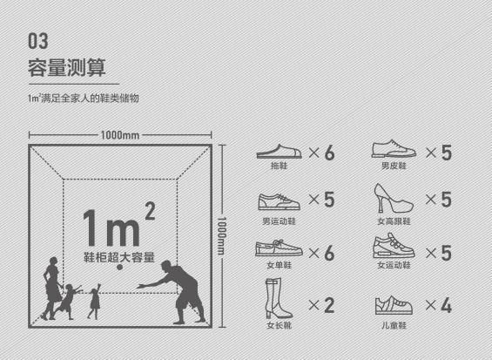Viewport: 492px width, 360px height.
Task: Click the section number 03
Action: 38,41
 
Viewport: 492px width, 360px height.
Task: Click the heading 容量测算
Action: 67,67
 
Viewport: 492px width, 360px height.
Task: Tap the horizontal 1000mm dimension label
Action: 120,135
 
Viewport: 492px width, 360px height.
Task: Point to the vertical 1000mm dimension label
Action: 221,235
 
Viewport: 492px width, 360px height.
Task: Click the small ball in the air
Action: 119,267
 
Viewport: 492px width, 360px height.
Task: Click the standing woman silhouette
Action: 51,289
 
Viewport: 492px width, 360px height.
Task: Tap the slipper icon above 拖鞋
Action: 279,152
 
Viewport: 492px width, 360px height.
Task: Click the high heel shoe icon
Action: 393,199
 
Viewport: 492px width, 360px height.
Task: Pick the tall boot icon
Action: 277,298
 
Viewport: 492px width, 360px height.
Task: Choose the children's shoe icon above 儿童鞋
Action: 394,305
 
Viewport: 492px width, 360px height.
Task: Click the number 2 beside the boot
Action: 329,305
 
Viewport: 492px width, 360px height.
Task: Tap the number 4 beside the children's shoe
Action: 446,305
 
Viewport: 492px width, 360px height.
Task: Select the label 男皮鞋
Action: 394,166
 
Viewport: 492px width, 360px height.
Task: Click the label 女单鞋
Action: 279,265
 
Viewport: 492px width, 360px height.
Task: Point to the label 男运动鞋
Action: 279,221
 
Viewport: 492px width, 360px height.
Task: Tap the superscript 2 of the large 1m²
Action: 150,211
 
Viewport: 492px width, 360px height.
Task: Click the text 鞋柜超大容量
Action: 119,257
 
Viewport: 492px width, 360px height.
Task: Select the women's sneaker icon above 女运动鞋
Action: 394,246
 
